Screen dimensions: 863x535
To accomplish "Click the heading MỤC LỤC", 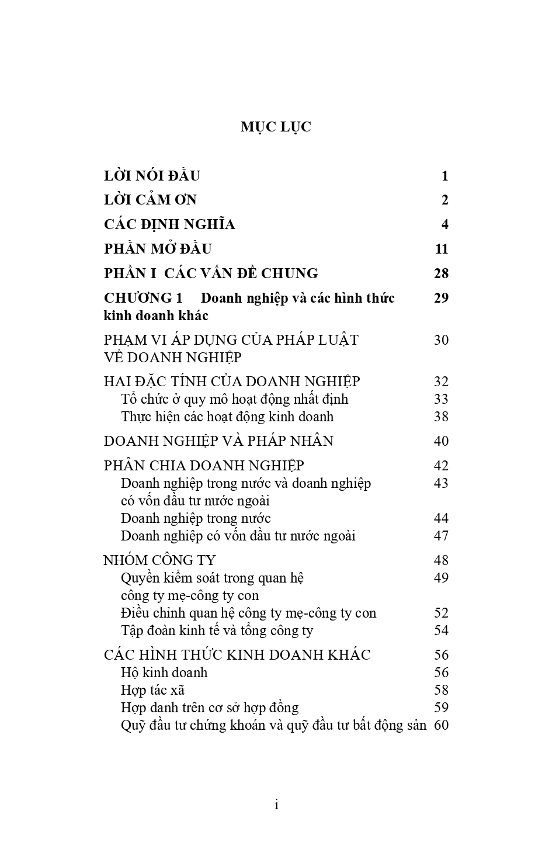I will click(276, 127).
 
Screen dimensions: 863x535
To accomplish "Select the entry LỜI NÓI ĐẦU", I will click(152, 176).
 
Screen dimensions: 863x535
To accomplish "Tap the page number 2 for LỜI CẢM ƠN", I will click(445, 200).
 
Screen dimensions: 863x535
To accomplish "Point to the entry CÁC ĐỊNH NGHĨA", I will click(169, 225).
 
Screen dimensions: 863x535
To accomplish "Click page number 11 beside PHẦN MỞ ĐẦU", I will click(442, 249).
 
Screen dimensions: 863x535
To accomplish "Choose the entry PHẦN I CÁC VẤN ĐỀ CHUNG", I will click(211, 273).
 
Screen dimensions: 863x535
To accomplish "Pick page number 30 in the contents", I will click(442, 340).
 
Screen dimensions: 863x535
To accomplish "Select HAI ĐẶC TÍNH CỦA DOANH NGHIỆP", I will click(232, 382).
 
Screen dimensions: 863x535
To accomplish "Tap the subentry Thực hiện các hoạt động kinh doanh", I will click(227, 417).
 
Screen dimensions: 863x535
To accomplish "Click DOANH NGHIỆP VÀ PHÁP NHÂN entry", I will click(218, 441).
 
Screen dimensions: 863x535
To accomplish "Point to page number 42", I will click(442, 466).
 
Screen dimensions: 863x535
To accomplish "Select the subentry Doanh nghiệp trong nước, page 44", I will click(196, 519).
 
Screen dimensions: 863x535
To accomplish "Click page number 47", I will click(442, 536).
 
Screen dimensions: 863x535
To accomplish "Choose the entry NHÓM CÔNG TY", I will click(160, 560).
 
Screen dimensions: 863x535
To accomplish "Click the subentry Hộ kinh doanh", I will click(164, 673).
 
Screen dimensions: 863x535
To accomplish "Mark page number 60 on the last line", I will click(442, 726).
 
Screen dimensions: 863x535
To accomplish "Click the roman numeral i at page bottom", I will click(276, 806).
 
